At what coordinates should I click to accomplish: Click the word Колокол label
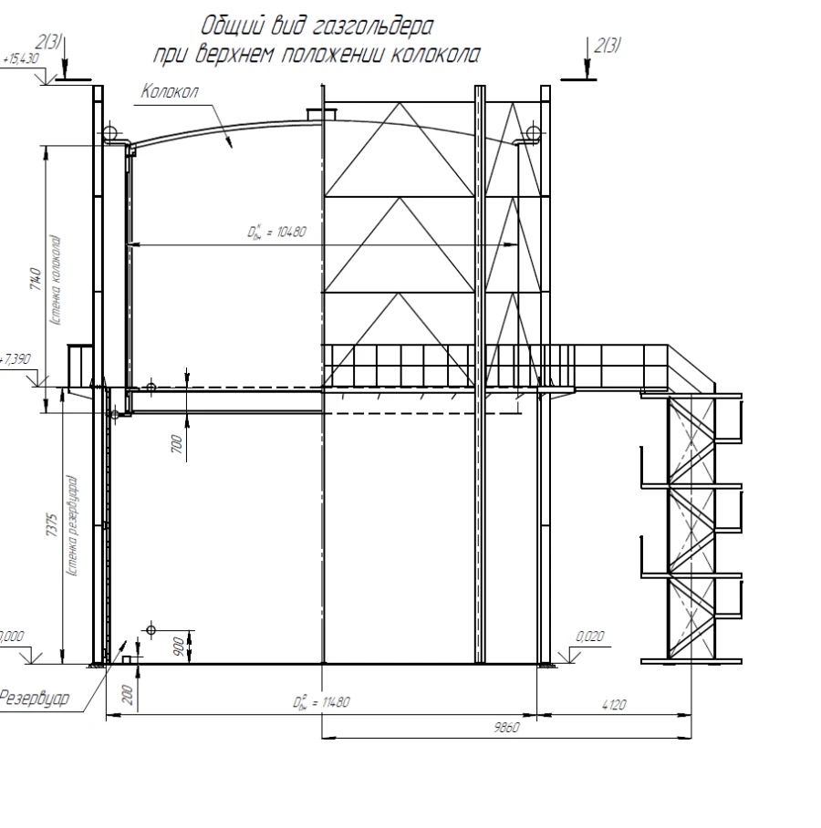pyautogui.click(x=169, y=93)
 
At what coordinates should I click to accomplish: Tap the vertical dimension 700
pyautogui.click(x=176, y=444)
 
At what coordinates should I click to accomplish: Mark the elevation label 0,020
pyautogui.click(x=591, y=637)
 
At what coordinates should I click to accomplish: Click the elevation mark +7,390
pyautogui.click(x=17, y=359)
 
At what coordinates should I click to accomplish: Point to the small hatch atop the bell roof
pyautogui.click(x=321, y=114)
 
